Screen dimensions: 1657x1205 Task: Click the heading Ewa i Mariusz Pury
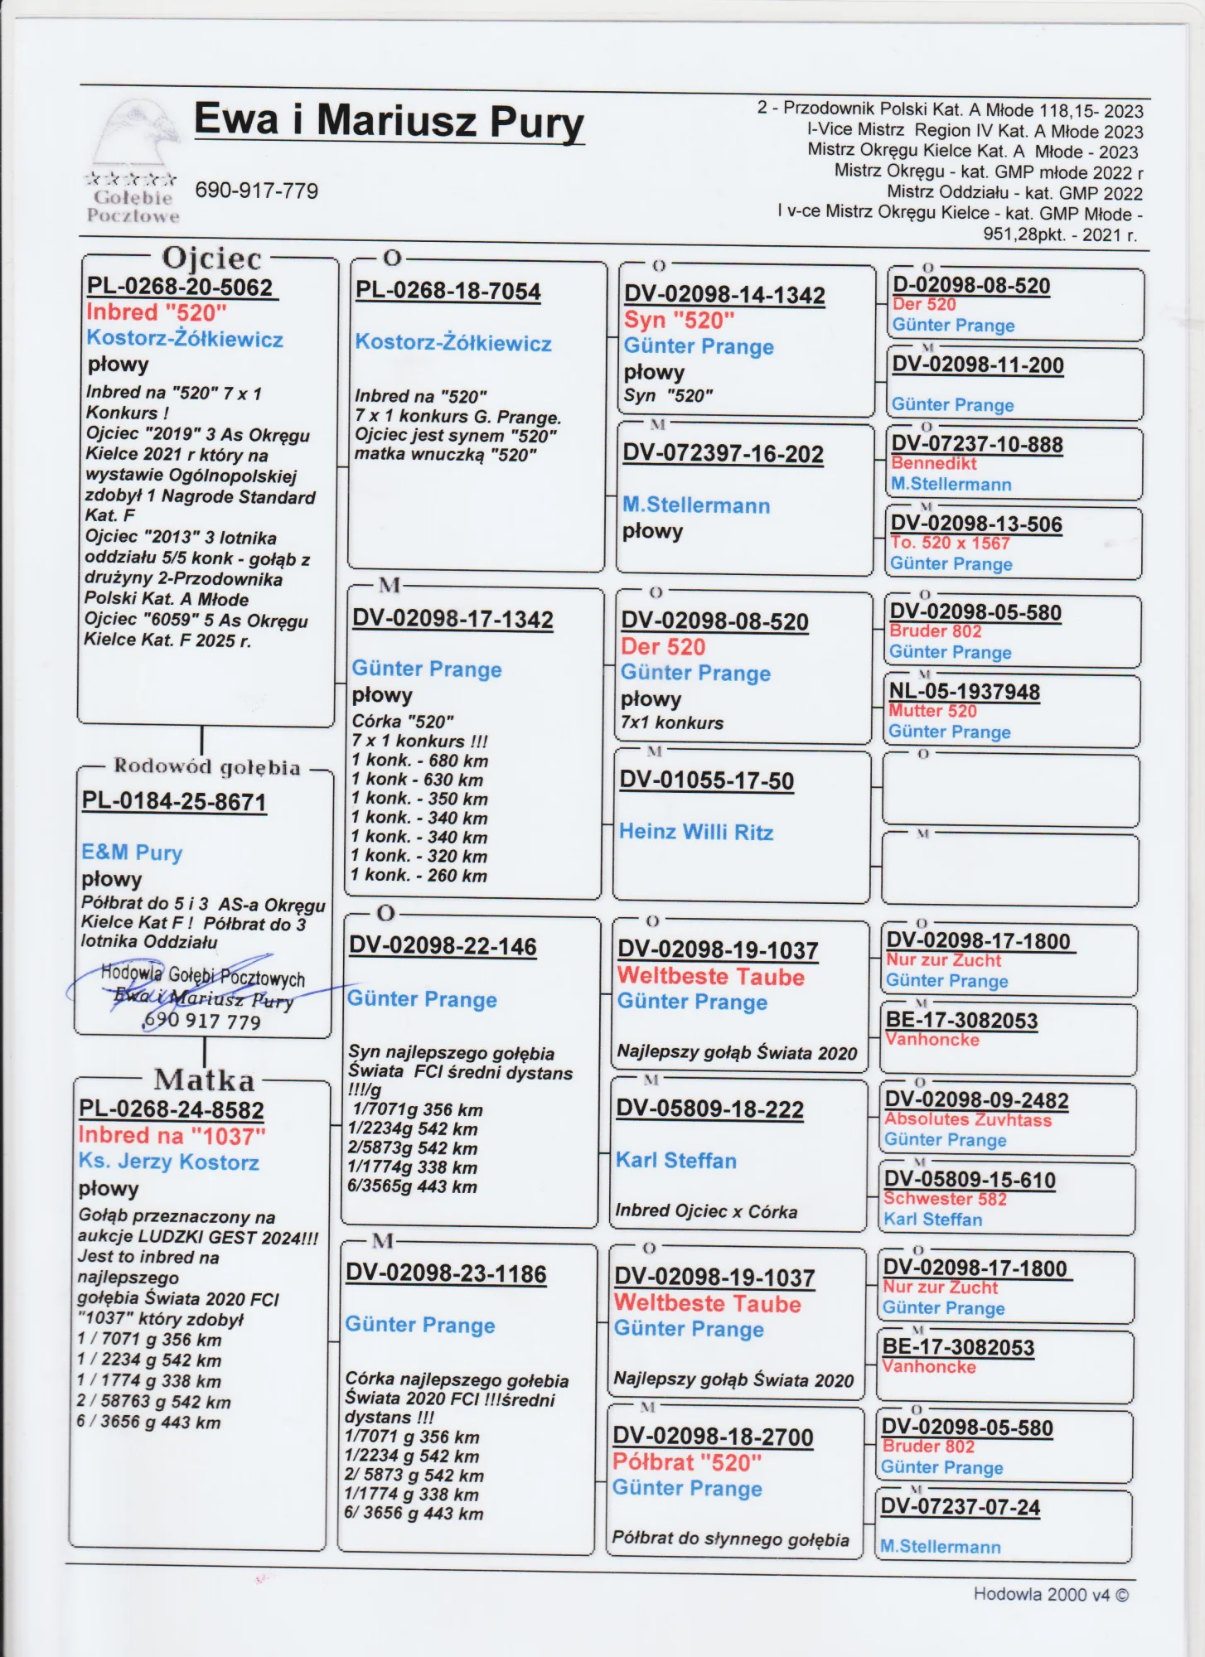(x=389, y=121)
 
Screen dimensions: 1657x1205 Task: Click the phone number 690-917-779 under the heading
(x=256, y=191)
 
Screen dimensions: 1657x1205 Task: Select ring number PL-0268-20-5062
(x=180, y=287)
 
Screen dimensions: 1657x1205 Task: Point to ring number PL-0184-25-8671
(x=174, y=802)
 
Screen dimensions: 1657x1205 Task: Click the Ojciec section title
(x=211, y=258)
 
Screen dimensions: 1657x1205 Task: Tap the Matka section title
(x=204, y=1080)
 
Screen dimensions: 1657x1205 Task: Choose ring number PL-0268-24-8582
(x=171, y=1109)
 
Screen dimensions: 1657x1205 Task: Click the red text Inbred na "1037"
(x=172, y=1135)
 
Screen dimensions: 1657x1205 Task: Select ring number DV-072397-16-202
(x=723, y=454)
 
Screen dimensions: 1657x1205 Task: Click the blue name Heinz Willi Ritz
(x=696, y=832)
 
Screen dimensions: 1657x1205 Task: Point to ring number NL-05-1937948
(x=964, y=692)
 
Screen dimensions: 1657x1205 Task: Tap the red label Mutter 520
(x=932, y=711)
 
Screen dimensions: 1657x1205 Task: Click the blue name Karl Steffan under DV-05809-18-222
(x=675, y=1160)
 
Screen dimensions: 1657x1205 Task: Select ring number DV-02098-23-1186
(x=446, y=1273)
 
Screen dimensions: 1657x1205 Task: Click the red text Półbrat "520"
(x=686, y=1462)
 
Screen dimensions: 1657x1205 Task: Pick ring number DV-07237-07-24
(x=960, y=1506)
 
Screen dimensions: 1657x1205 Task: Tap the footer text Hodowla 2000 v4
(x=1050, y=1594)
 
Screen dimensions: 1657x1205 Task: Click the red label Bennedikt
(x=933, y=464)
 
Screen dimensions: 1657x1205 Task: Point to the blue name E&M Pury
(x=132, y=852)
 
